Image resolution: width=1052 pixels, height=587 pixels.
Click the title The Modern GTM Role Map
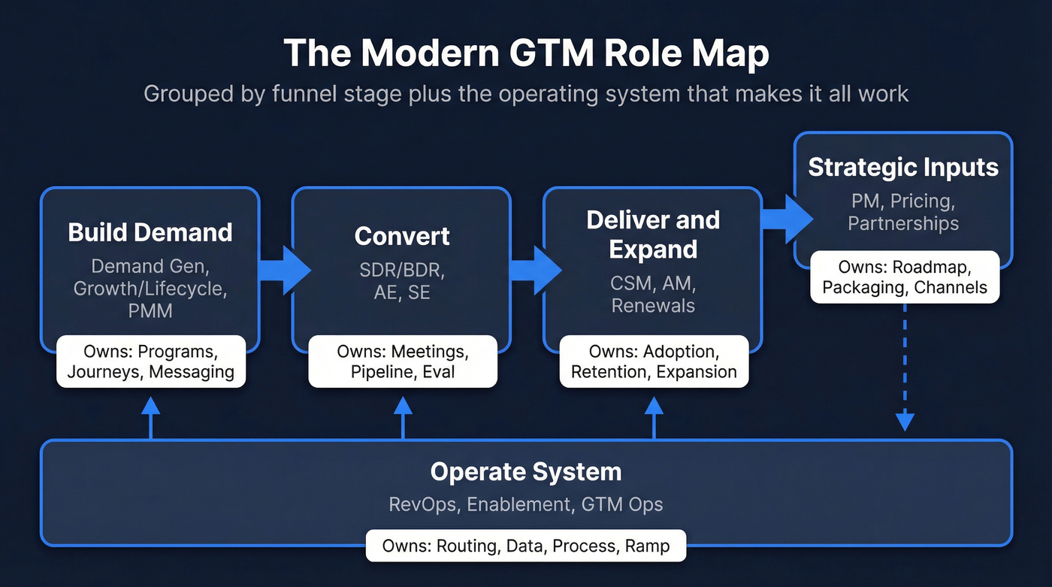(x=526, y=54)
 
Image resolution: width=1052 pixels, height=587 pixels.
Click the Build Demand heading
(x=150, y=232)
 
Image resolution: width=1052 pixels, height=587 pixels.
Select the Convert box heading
(x=402, y=236)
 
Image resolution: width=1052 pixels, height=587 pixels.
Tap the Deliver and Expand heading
(x=653, y=234)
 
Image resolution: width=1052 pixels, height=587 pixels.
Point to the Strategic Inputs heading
(x=903, y=167)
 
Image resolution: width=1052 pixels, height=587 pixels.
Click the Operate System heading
(x=526, y=472)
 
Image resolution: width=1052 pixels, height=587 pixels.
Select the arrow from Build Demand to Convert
(x=284, y=269)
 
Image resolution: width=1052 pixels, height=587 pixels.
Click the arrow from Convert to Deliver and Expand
(x=535, y=269)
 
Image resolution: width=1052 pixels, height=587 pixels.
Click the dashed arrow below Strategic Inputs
(x=905, y=376)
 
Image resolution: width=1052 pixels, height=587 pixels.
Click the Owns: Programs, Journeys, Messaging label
(x=150, y=362)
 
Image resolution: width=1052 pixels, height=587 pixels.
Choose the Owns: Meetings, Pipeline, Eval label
(x=403, y=362)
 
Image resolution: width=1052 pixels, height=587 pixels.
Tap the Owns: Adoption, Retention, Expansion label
(x=654, y=362)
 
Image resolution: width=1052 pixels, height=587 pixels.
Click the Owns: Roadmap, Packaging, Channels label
(x=905, y=277)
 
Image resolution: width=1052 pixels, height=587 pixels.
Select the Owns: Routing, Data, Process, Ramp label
(x=526, y=546)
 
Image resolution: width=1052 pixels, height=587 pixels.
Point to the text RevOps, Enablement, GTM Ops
(x=526, y=504)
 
